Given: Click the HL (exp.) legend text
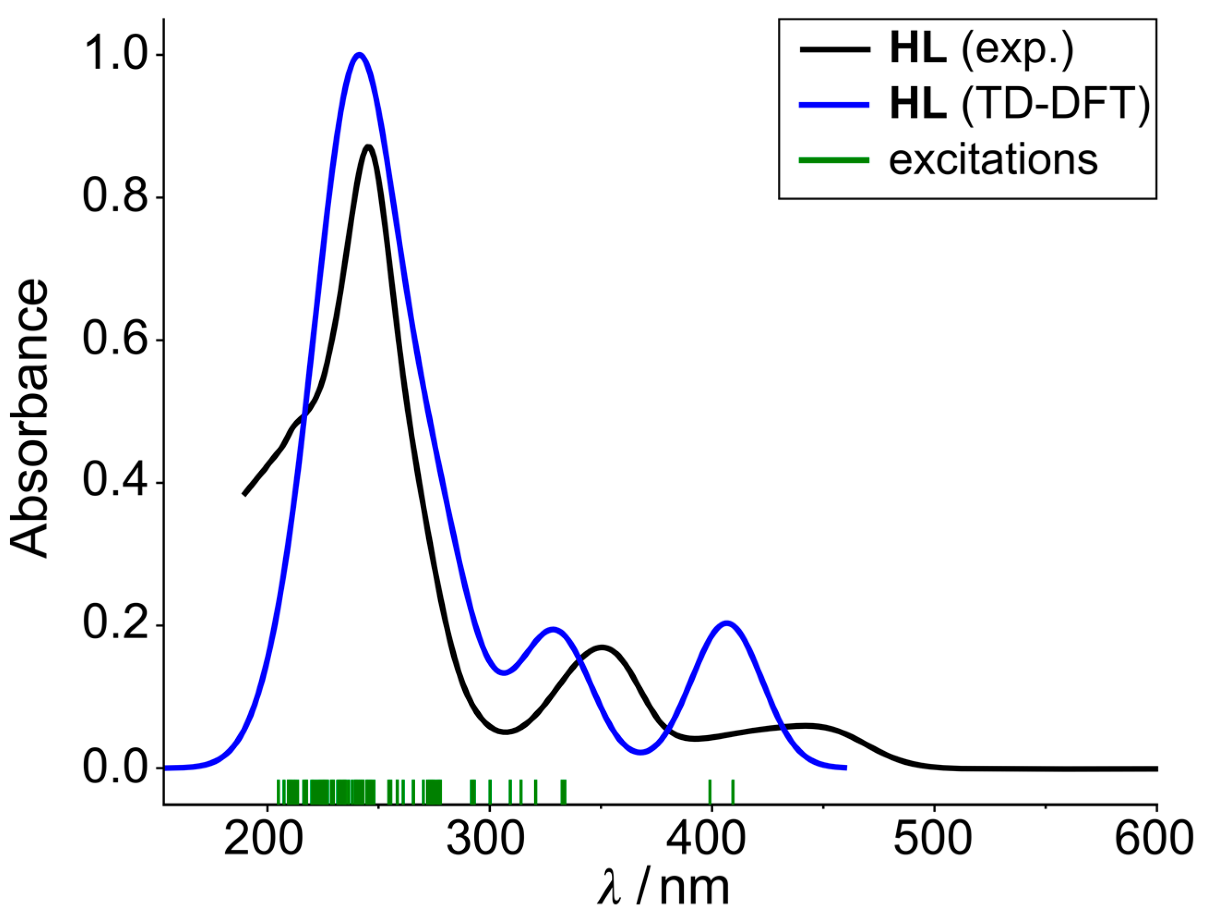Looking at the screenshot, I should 981,51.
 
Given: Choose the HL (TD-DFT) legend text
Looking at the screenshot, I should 1020,105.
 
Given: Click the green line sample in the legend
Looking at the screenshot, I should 835,161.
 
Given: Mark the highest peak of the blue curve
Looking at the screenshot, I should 359,54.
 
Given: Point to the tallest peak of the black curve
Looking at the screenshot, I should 368,146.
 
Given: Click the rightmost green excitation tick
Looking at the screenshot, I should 733,792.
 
